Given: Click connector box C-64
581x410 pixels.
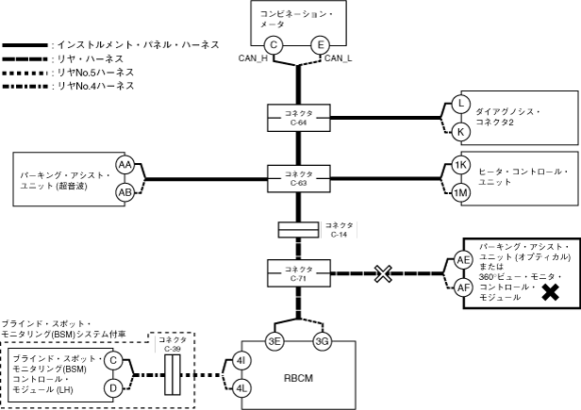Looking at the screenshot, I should [x=299, y=118].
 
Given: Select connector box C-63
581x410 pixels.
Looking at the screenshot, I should [x=299, y=177].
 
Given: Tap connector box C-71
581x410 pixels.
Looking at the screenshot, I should [x=299, y=274].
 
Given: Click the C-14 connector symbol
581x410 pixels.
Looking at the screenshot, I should [x=299, y=230].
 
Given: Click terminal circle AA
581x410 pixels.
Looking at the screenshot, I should [x=124, y=165].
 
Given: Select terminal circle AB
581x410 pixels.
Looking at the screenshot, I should [x=124, y=192].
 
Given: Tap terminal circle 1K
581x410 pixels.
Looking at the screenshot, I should [x=461, y=165].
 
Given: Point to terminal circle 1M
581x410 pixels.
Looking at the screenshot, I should [x=461, y=192].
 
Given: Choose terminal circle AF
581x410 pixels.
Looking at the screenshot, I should [x=463, y=287].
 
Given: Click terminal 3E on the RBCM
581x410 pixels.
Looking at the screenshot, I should [x=274, y=341].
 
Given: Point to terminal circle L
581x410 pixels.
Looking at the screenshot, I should [x=461, y=104].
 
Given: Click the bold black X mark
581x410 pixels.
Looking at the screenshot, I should [x=549, y=294].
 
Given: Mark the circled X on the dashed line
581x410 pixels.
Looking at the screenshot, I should [x=382, y=274].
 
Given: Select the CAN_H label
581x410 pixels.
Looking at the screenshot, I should [x=257, y=58].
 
